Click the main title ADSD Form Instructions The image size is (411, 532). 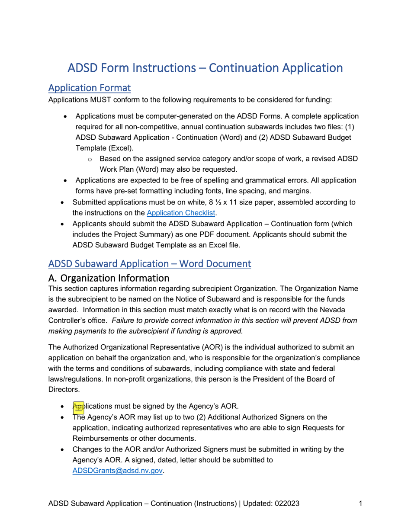[205, 68]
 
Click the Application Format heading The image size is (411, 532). [90, 88]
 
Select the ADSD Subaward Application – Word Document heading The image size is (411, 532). [149, 263]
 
